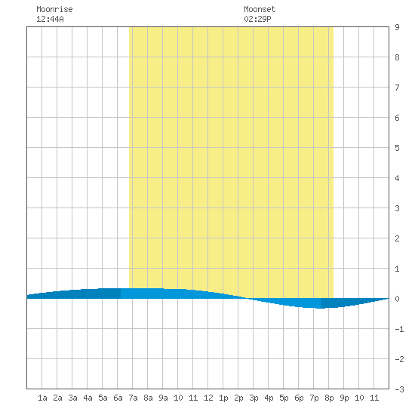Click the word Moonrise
pyautogui.click(x=54, y=9)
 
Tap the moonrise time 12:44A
pyautogui.click(x=50, y=19)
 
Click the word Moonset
pyautogui.click(x=260, y=9)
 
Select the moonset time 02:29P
pyautogui.click(x=257, y=19)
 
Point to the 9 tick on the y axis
pyautogui.click(x=397, y=27)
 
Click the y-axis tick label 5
pyautogui.click(x=397, y=148)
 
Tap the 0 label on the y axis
pyautogui.click(x=397, y=299)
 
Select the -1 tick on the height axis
pyautogui.click(x=399, y=329)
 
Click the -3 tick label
pyautogui.click(x=399, y=389)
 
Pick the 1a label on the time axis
pyautogui.click(x=42, y=398)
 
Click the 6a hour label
pyautogui.click(x=118, y=398)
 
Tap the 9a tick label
pyautogui.click(x=163, y=398)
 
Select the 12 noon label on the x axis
pyautogui.click(x=208, y=398)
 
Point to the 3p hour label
pyautogui.click(x=254, y=398)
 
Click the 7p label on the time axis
pyautogui.click(x=314, y=398)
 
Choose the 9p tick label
pyautogui.click(x=344, y=398)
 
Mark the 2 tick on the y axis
pyautogui.click(x=397, y=238)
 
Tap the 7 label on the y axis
pyautogui.click(x=397, y=88)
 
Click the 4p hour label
pyautogui.click(x=269, y=398)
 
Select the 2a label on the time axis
pyautogui.click(x=57, y=398)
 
